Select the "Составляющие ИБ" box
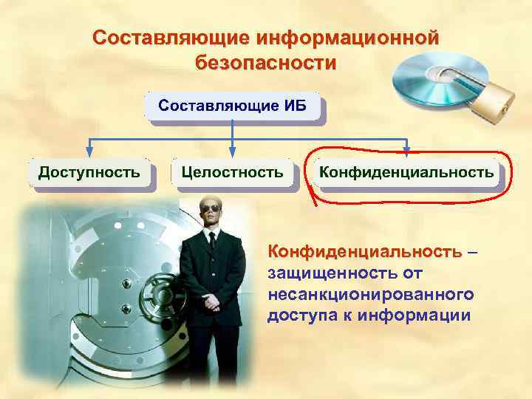(232, 109)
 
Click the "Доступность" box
(89, 172)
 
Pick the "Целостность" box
(232, 172)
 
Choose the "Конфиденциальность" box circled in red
(406, 172)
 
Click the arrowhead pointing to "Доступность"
(89, 152)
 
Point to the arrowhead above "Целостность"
(233, 152)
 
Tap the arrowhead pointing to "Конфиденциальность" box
(406, 152)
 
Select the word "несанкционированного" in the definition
(370, 295)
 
